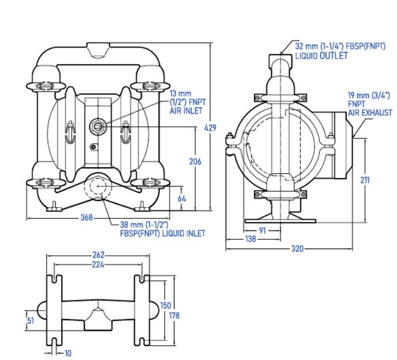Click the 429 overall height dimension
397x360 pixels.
click(x=210, y=128)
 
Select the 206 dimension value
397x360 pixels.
click(x=195, y=161)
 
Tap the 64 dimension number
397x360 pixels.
click(x=182, y=199)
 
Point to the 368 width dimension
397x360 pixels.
click(x=86, y=217)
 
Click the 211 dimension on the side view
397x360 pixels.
click(x=365, y=180)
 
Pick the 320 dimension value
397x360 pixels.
click(x=297, y=249)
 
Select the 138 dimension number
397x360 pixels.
click(x=250, y=239)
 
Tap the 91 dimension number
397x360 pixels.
click(x=262, y=230)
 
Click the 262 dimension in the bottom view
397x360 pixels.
click(x=98, y=255)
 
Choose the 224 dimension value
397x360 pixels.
click(x=98, y=264)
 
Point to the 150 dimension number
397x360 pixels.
click(x=165, y=305)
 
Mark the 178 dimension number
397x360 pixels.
click(x=174, y=315)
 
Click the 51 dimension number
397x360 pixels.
click(x=31, y=321)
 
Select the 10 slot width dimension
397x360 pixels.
click(x=68, y=353)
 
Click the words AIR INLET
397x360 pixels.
click(x=186, y=111)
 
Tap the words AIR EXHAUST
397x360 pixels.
click(x=370, y=113)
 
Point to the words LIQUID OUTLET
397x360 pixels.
click(x=322, y=56)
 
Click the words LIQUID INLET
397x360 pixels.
click(x=183, y=233)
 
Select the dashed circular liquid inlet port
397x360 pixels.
click(x=98, y=186)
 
